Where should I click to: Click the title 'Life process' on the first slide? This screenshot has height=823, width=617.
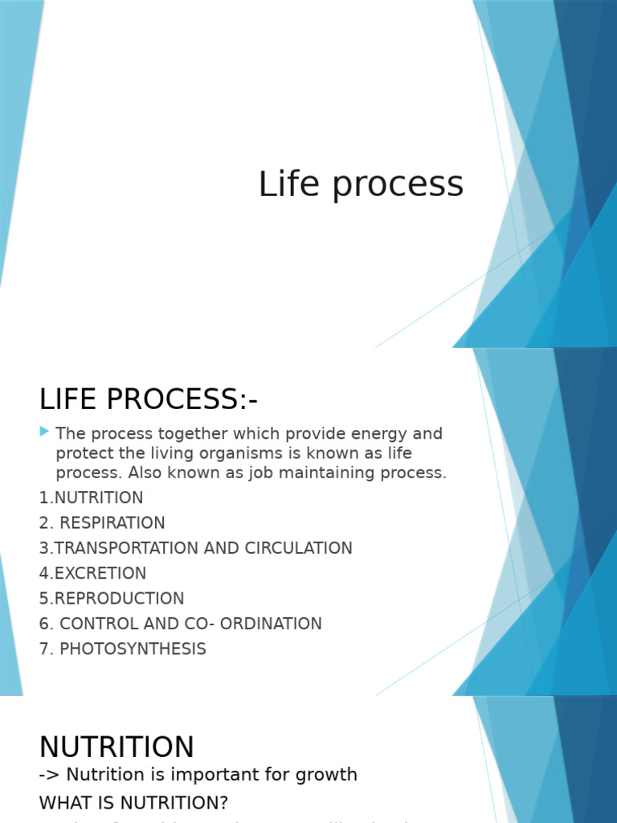click(361, 184)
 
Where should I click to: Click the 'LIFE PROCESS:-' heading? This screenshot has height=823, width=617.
click(149, 399)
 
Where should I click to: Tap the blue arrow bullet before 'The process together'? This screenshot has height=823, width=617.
click(44, 432)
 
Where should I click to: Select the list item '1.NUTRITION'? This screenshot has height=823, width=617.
click(91, 497)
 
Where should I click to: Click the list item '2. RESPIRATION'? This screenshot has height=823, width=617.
click(102, 523)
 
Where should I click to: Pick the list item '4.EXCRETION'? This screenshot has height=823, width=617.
click(92, 574)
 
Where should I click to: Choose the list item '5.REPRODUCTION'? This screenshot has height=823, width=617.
click(112, 599)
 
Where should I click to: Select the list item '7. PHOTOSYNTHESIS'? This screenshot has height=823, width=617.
click(122, 649)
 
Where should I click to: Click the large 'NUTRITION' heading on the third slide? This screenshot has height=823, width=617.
click(116, 747)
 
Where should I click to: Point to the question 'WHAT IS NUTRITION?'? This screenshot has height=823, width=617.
click(133, 803)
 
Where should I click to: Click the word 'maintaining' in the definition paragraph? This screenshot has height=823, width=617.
click(350, 473)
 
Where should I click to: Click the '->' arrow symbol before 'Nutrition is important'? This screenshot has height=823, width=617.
click(48, 775)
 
